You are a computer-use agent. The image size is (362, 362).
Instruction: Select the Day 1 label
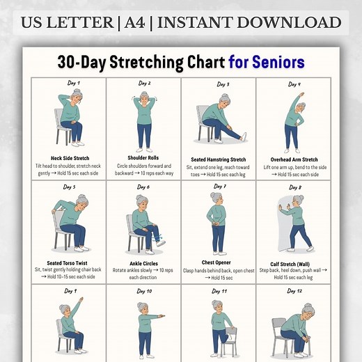point(73,84)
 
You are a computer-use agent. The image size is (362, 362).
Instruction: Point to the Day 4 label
point(295,84)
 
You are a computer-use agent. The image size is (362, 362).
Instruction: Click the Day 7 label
point(220,187)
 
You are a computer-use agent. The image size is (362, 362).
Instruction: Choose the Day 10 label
point(144,290)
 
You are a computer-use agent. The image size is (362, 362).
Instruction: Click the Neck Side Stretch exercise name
point(70,158)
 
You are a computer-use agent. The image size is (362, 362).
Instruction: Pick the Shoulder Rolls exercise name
point(144,158)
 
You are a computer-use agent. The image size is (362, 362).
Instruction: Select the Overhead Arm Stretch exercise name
point(294,159)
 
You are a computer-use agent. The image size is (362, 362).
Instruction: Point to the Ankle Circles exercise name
point(144,262)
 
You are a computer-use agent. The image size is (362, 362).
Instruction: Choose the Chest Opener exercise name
point(219,263)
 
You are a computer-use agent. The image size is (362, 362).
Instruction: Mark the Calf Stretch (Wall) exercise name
point(294,264)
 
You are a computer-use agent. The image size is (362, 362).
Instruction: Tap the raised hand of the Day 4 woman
point(299,93)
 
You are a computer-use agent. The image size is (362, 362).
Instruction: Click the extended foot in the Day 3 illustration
point(242,136)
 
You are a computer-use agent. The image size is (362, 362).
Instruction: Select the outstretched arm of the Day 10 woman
point(157,317)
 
